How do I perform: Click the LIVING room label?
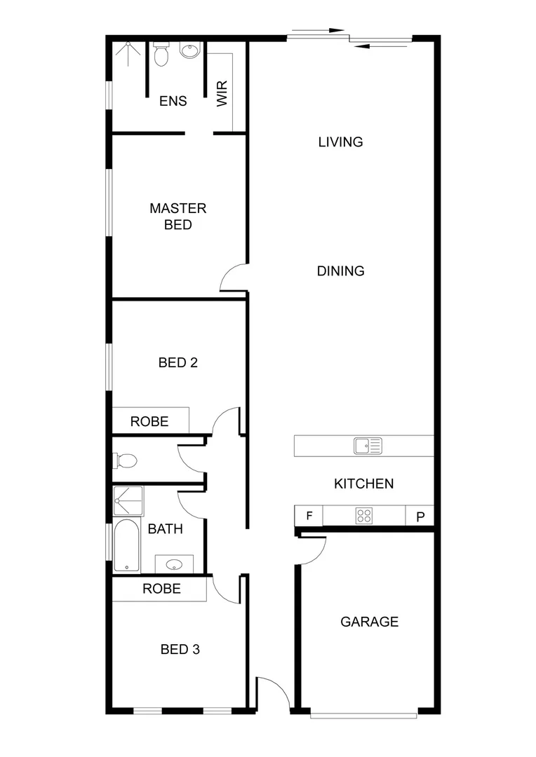340,142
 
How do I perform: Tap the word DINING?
340,271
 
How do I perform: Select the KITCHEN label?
363,483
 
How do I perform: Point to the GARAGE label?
369,621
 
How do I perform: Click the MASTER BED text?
178,217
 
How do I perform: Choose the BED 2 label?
177,362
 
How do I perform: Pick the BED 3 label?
180,649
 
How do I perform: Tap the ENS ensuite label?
173,101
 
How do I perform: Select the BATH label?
165,528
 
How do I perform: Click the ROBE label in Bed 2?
149,421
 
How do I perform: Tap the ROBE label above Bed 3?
161,588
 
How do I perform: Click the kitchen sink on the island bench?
367,445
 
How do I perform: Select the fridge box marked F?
309,517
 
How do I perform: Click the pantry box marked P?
420,517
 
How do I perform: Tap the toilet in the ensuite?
161,54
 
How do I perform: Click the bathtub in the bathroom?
127,545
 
